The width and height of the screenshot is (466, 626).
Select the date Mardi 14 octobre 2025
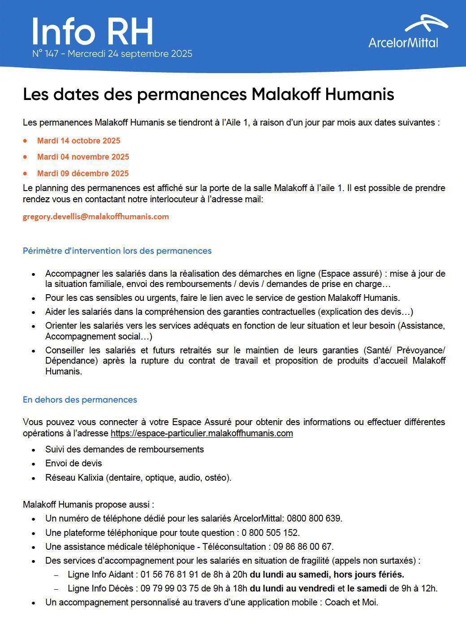pos(78,141)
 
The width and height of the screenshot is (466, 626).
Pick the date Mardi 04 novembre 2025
pos(83,157)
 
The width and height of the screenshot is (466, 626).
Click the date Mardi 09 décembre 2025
pos(82,174)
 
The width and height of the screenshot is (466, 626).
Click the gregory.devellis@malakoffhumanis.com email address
pos(96,217)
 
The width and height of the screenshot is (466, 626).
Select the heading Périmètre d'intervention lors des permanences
pos(117,251)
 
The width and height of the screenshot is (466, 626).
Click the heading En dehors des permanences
pos(80,400)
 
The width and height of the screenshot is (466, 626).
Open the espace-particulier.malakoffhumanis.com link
pos(202,434)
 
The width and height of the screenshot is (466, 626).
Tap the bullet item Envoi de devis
pos(73,463)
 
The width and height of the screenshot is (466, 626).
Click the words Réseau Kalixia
pos(74,478)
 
